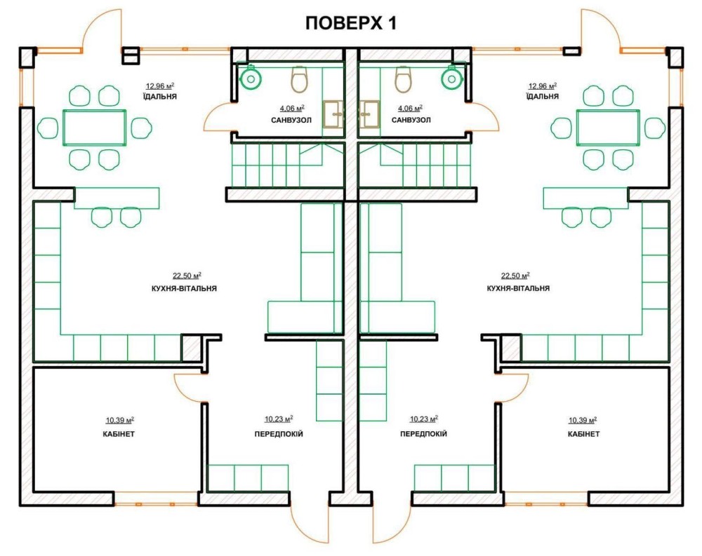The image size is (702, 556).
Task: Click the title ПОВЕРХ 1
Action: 350,23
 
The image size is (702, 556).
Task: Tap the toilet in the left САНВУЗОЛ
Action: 300,79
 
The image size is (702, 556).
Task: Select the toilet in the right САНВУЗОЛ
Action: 403,79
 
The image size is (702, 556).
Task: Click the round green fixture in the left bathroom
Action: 251,78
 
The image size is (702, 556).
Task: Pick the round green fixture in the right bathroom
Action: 451,78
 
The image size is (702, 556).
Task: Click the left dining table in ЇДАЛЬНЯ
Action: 95,128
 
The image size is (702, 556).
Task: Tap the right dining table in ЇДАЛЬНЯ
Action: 608,128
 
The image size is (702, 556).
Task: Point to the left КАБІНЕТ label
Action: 119,434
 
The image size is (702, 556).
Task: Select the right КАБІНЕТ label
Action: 584,434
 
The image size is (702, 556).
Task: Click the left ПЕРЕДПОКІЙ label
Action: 279,434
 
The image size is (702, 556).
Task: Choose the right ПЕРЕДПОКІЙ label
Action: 423,434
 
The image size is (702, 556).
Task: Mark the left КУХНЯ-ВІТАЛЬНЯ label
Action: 185,288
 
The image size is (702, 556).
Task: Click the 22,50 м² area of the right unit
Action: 515,276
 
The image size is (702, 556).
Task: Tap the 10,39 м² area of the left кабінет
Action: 120,420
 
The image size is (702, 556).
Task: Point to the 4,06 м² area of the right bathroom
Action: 411,108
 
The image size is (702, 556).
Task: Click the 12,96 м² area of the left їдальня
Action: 160,86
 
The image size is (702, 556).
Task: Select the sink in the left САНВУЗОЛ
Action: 333,114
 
